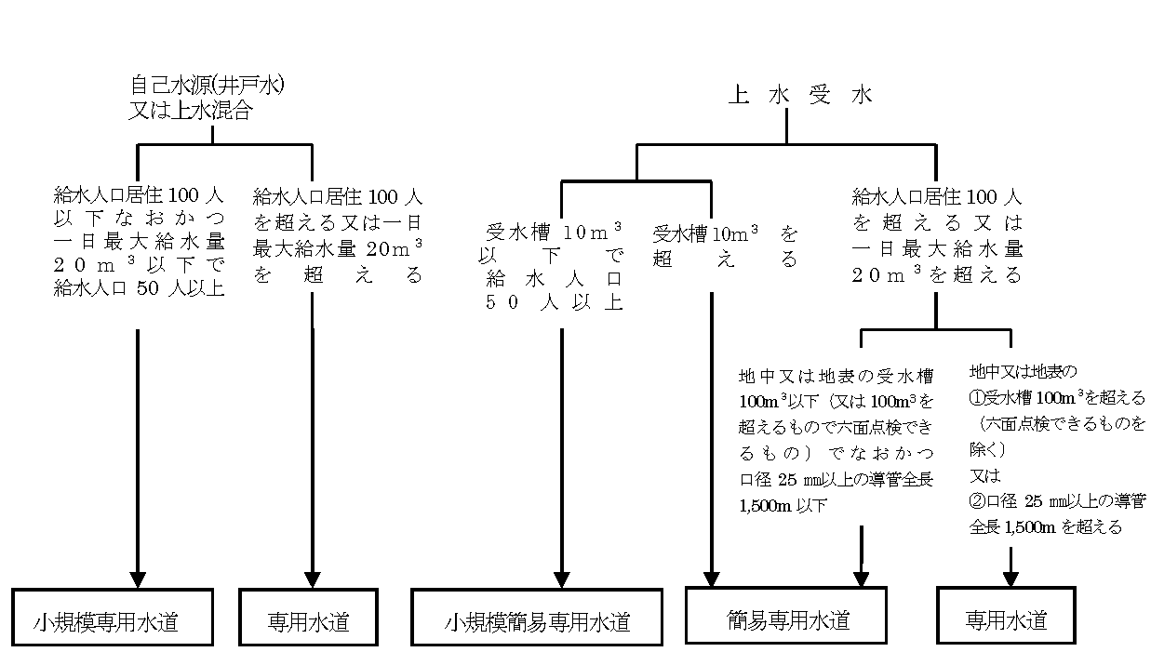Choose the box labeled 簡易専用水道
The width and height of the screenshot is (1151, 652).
pos(786,617)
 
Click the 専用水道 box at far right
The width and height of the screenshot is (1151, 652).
pos(1005,618)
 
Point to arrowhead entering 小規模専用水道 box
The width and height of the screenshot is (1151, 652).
pos(138,579)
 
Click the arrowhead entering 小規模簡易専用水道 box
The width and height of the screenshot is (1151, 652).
pos(562,579)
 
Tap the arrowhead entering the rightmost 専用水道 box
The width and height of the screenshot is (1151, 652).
pos(1010,578)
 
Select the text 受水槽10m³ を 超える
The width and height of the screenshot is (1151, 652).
pos(726,246)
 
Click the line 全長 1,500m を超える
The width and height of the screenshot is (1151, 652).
pos(1044,526)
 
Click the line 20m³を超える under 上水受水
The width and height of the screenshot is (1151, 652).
pos(937,274)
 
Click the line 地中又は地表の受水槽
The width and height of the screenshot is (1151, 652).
pos(835,377)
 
